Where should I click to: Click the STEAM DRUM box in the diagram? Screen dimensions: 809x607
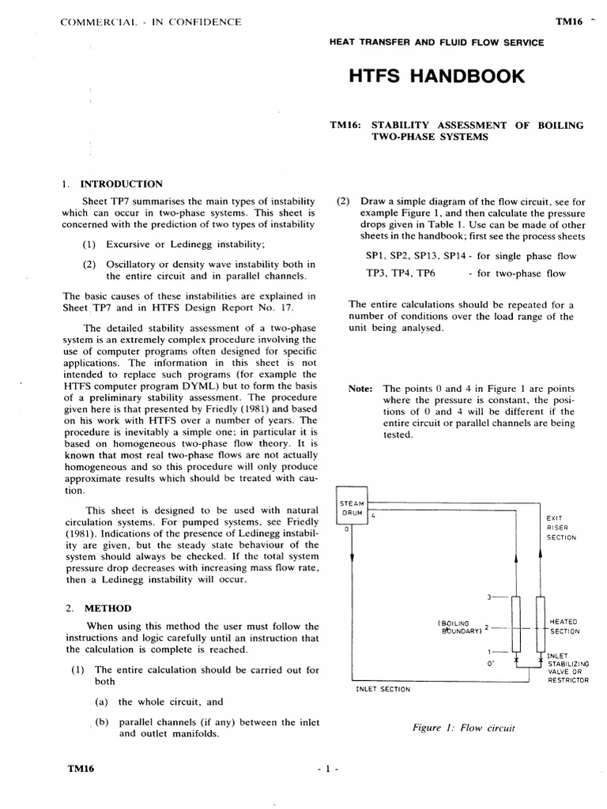click(352, 507)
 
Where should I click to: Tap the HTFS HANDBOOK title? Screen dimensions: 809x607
click(435, 77)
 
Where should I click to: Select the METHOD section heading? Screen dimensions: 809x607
click(109, 608)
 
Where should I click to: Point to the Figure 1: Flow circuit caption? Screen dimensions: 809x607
click(463, 728)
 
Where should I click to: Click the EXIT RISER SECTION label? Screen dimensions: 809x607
click(561, 527)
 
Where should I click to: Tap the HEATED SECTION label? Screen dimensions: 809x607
click(564, 627)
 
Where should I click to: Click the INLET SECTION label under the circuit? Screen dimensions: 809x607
click(384, 689)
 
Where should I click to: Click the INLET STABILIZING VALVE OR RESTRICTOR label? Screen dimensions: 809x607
click(567, 667)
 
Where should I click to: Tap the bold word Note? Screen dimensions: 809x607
click(360, 389)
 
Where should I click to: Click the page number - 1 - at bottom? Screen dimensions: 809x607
click(326, 769)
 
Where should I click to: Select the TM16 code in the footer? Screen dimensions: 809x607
click(80, 769)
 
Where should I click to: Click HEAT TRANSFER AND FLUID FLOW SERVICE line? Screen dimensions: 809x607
click(435, 43)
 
